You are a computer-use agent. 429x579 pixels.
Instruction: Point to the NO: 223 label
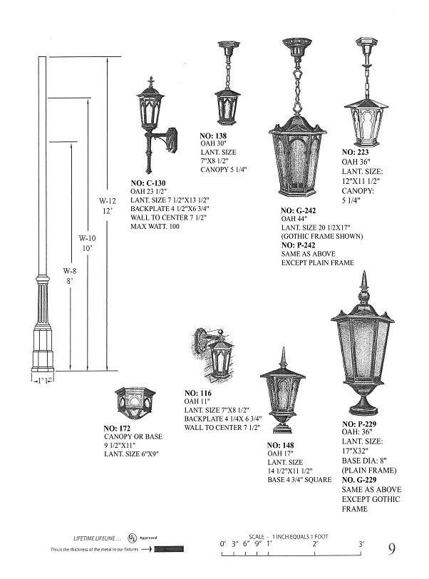356,153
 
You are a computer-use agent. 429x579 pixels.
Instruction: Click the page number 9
393,549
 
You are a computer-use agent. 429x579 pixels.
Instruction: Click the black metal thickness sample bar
172,550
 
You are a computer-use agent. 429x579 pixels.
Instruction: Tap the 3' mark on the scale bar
361,544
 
